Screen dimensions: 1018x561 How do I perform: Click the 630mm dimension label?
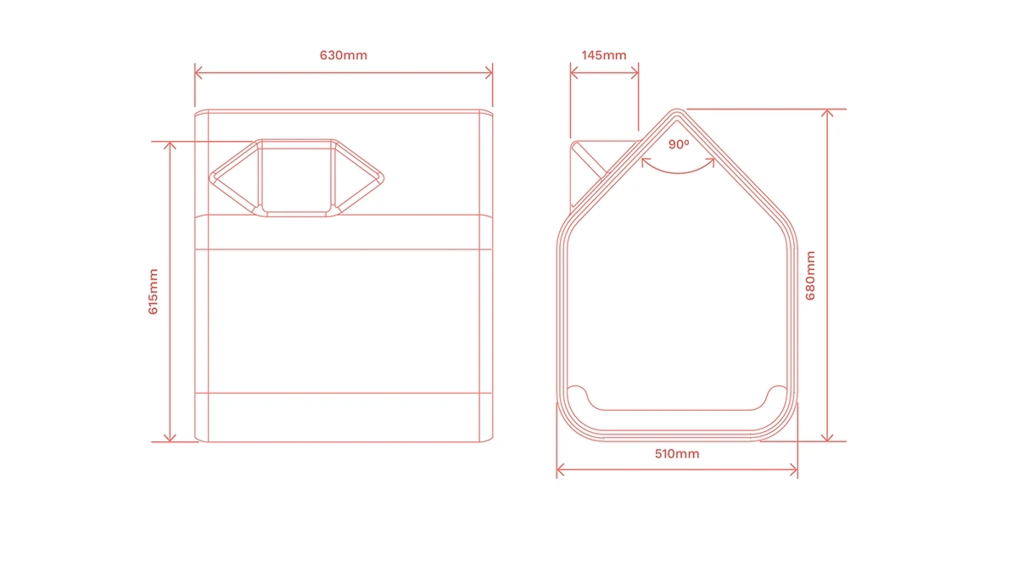(343, 55)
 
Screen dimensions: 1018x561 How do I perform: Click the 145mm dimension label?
(604, 55)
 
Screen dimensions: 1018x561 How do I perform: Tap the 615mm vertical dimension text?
(154, 291)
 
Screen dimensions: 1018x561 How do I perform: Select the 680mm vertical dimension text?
(810, 276)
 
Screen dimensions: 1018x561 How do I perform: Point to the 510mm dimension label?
(677, 454)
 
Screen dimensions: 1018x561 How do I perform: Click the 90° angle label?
(679, 144)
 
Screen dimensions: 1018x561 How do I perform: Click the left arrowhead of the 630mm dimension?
(199, 73)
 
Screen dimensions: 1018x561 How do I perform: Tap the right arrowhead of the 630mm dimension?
(489, 73)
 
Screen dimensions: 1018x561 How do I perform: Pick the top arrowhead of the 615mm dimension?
(170, 145)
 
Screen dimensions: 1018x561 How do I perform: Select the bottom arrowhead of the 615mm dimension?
(170, 438)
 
